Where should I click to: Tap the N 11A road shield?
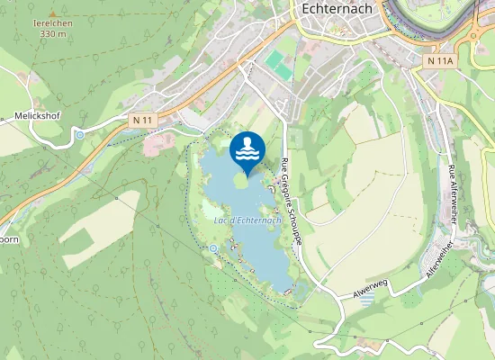click(x=439, y=60)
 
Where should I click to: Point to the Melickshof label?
click(x=36, y=116)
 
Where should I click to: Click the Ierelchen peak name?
click(x=52, y=22)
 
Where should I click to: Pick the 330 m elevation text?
click(x=52, y=34)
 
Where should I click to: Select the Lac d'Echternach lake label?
click(x=248, y=220)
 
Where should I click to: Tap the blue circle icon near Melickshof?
click(x=79, y=135)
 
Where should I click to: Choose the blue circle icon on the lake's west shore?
click(x=213, y=247)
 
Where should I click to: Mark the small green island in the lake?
click(x=240, y=179)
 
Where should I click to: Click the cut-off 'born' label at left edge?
click(x=8, y=240)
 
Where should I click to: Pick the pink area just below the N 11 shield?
click(x=158, y=141)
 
